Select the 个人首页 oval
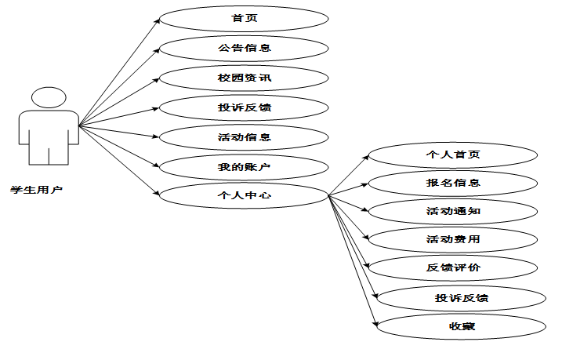pyautogui.click(x=453, y=155)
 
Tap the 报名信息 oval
pyautogui.click(x=453, y=184)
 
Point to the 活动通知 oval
pyautogui.click(x=453, y=212)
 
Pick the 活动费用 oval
pyautogui.click(x=453, y=239)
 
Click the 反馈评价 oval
pyautogui.click(x=453, y=268)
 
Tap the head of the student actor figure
pyautogui.click(x=48, y=99)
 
